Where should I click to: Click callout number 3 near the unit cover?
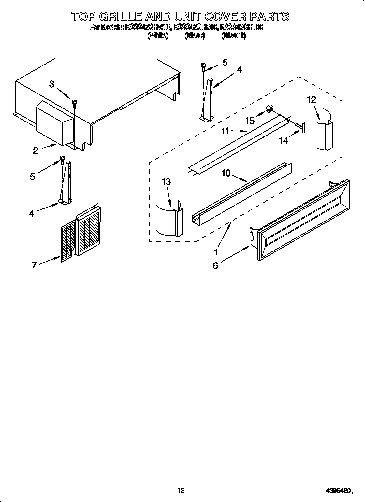(x=52, y=84)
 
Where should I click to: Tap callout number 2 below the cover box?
(x=36, y=150)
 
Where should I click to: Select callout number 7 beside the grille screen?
(x=35, y=265)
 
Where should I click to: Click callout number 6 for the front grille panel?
(x=215, y=266)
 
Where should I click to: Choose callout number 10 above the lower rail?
(x=226, y=173)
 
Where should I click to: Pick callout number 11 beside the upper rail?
(x=226, y=132)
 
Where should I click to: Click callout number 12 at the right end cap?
(x=312, y=100)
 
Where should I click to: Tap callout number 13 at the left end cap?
(x=166, y=181)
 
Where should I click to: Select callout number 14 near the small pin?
(x=284, y=140)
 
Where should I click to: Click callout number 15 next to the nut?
(x=250, y=121)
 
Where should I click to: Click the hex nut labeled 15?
(x=270, y=108)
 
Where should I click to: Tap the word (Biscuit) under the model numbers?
(x=233, y=36)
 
